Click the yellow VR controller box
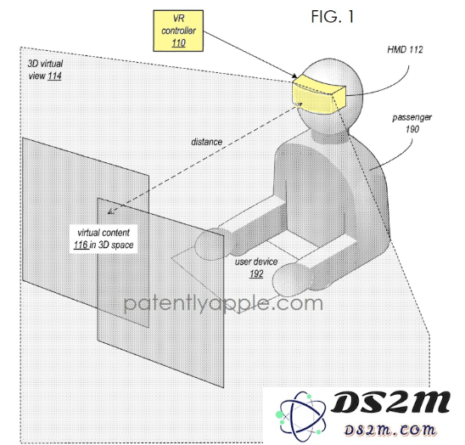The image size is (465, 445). (x=178, y=31)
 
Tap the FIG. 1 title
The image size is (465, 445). (x=333, y=17)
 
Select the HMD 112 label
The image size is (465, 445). (x=405, y=49)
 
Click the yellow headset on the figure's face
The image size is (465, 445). (x=319, y=94)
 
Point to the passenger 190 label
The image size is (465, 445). (x=412, y=123)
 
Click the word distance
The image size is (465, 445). (x=207, y=142)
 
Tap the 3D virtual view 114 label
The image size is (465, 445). (x=45, y=70)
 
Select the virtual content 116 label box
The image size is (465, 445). (x=104, y=239)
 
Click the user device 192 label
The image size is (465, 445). (x=256, y=268)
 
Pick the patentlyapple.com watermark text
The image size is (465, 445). (x=223, y=303)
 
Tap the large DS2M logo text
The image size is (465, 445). (x=390, y=402)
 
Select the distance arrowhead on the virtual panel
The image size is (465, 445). (x=111, y=211)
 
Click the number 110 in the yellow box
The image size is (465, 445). (x=178, y=43)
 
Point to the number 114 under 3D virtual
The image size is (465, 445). (x=54, y=76)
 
